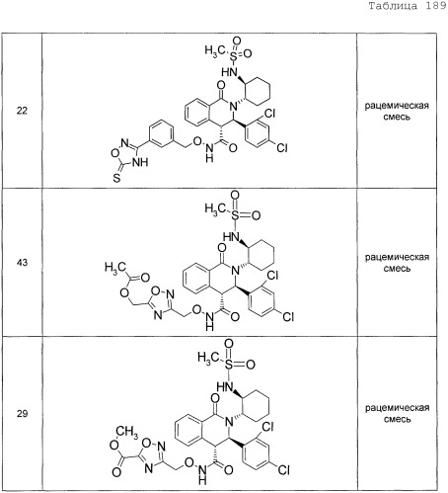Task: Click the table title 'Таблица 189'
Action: click(x=408, y=6)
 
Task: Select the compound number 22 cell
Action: click(x=22, y=111)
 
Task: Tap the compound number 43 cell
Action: click(x=22, y=263)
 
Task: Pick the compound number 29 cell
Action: click(x=22, y=413)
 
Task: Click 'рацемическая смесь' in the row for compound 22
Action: click(x=397, y=111)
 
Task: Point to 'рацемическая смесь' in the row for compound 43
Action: click(x=397, y=263)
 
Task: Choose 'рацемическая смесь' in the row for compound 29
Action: click(x=398, y=413)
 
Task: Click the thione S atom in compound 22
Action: click(x=116, y=178)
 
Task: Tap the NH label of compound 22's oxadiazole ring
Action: click(x=140, y=162)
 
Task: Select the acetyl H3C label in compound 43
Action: click(x=114, y=268)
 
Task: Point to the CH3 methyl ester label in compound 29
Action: click(x=127, y=432)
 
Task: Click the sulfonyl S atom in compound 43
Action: click(x=235, y=215)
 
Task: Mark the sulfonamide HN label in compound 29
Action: click(x=224, y=387)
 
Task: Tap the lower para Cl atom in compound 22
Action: click(x=282, y=147)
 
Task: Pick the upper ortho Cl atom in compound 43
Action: click(x=272, y=275)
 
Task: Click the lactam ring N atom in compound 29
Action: click(x=230, y=421)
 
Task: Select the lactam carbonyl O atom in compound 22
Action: click(x=221, y=86)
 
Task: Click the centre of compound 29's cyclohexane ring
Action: click(x=257, y=405)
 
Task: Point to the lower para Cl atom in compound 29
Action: click(x=283, y=469)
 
